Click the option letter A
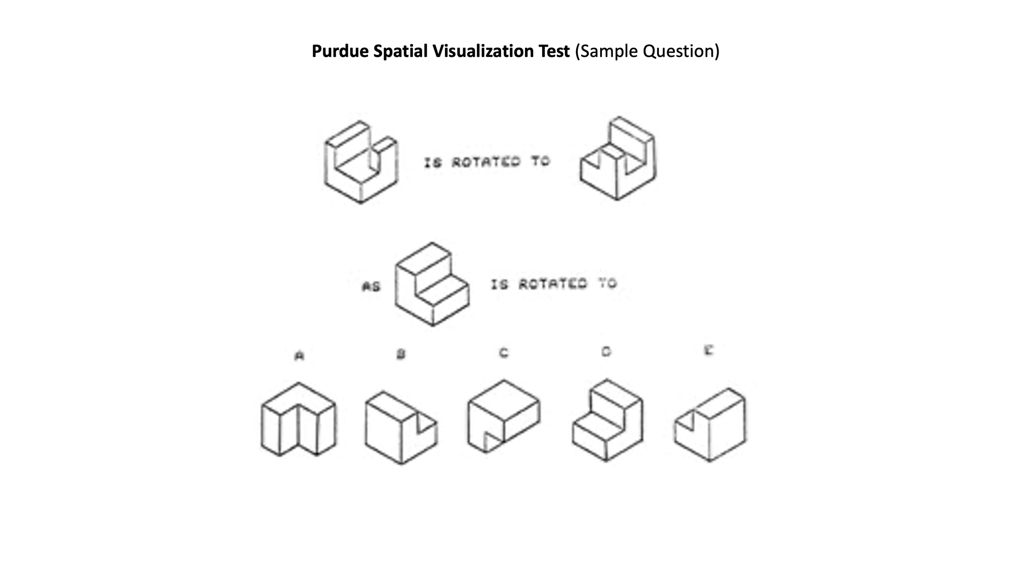tap(299, 356)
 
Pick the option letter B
tap(401, 354)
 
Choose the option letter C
tap(504, 353)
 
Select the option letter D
tap(606, 352)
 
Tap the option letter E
tap(708, 350)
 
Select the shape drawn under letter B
tap(401, 427)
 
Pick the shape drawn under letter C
tap(504, 416)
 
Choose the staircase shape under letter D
tap(607, 420)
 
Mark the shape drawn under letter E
tap(710, 425)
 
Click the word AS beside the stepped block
tap(372, 286)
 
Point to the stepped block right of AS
tap(432, 284)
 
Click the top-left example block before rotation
tap(361, 162)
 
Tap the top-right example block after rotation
tap(618, 158)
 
